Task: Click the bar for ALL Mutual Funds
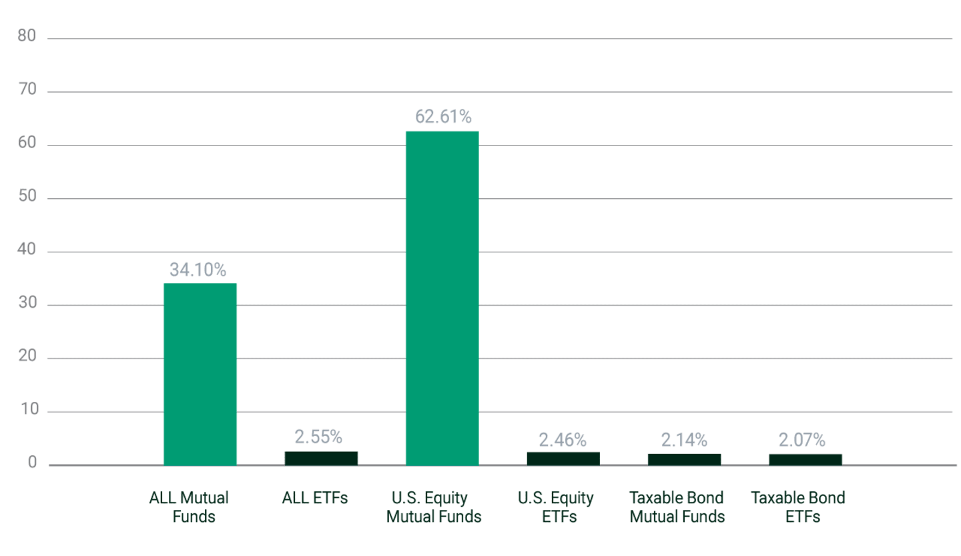point(200,374)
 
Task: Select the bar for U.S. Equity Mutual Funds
point(442,298)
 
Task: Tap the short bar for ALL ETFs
point(321,458)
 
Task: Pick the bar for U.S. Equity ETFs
point(563,458)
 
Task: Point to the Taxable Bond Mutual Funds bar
point(684,459)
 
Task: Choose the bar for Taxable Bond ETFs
point(805,459)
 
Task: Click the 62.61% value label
point(443,117)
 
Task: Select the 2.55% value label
point(318,437)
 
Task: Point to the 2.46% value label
point(563,439)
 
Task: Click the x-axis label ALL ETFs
point(315,498)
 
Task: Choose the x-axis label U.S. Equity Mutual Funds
point(434,507)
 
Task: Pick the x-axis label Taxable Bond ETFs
point(797,507)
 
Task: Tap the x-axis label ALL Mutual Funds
point(189,507)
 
